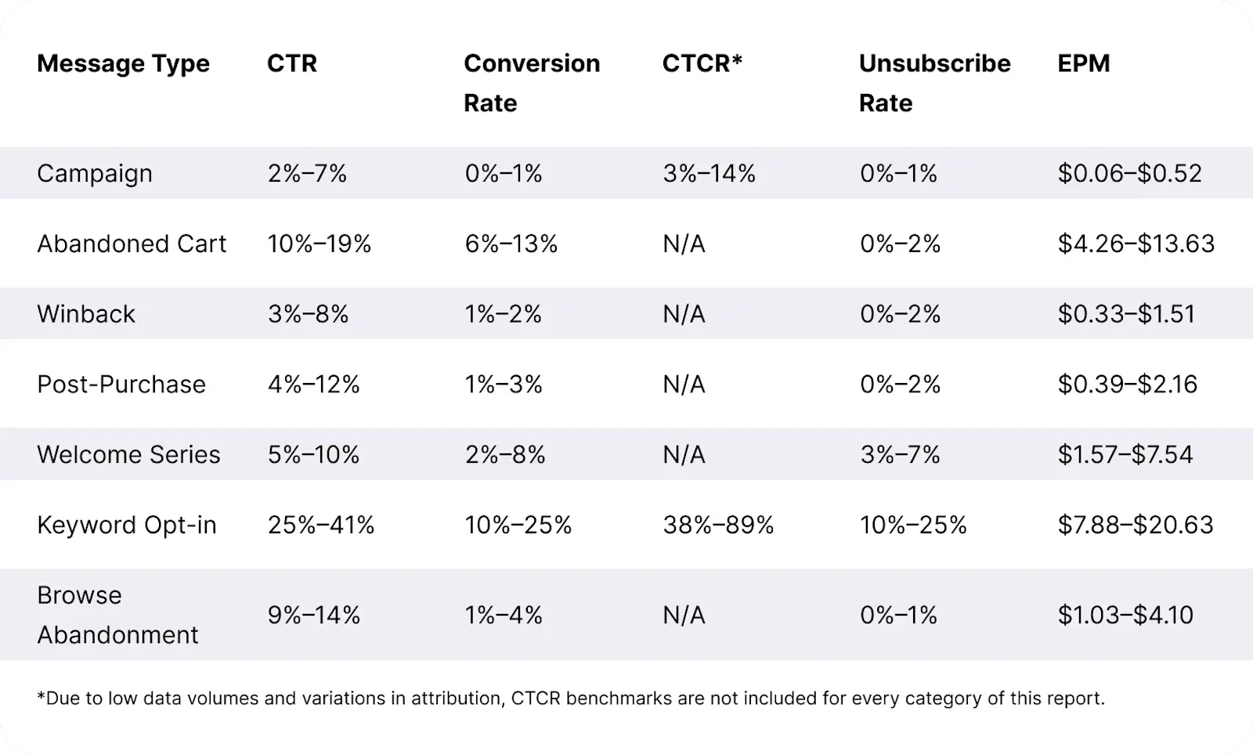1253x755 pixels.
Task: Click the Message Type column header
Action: pyautogui.click(x=123, y=63)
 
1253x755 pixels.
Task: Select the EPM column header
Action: pyautogui.click(x=1083, y=63)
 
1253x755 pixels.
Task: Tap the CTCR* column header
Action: pyautogui.click(x=702, y=63)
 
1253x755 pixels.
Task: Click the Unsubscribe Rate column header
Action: pyautogui.click(x=934, y=82)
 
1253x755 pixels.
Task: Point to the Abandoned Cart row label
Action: pyautogui.click(x=132, y=244)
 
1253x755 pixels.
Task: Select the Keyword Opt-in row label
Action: pyautogui.click(x=127, y=525)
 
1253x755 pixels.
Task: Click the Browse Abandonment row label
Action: pyautogui.click(x=117, y=615)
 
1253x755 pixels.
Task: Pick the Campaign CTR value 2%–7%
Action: pyautogui.click(x=307, y=173)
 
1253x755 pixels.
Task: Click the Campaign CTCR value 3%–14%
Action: pyautogui.click(x=709, y=173)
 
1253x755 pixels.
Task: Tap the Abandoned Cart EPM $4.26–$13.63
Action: pyautogui.click(x=1136, y=244)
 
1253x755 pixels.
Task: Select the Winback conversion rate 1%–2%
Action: pyautogui.click(x=503, y=314)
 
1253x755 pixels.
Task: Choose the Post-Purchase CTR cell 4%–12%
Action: pyautogui.click(x=313, y=385)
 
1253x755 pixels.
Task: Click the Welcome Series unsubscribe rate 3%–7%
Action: pyautogui.click(x=900, y=454)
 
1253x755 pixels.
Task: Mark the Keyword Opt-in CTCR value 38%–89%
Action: pyautogui.click(x=718, y=525)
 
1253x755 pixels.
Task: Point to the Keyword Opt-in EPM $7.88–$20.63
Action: pyautogui.click(x=1135, y=525)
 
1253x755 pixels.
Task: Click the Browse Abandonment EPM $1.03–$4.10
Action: pyautogui.click(x=1125, y=615)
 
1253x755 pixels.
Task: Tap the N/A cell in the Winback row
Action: pyautogui.click(x=684, y=314)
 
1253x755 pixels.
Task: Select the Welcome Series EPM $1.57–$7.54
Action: pyautogui.click(x=1125, y=454)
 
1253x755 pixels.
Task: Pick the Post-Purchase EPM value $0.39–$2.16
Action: pyautogui.click(x=1127, y=385)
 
